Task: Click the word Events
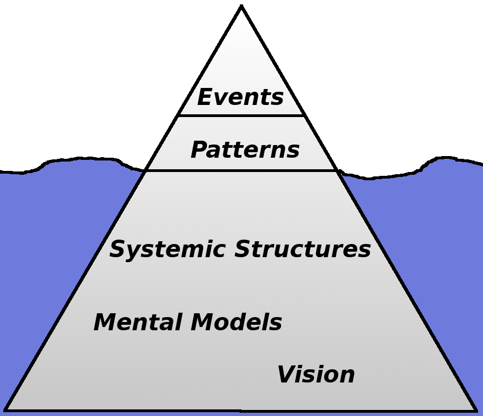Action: tap(240, 98)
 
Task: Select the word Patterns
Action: tap(245, 150)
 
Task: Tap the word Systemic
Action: tap(168, 249)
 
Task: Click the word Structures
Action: tap(303, 249)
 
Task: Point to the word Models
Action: tap(236, 323)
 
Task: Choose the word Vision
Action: tap(316, 375)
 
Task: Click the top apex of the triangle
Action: tap(241, 7)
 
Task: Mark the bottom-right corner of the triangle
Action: tap(475, 410)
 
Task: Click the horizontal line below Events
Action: tap(241, 115)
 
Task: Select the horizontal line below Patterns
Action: tap(241, 170)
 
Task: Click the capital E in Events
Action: tap(205, 98)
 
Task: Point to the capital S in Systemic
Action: tap(118, 249)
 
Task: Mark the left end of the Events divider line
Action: tap(178, 115)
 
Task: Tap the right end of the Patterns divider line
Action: tap(336, 170)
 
